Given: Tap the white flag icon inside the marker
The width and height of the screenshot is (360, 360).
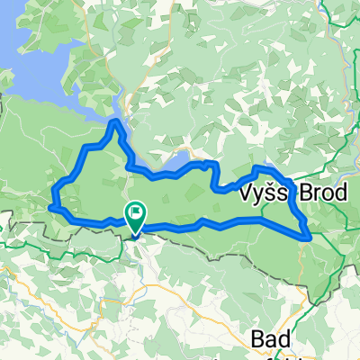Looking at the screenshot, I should [138, 213].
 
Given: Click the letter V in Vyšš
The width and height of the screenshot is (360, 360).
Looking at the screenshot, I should [246, 194].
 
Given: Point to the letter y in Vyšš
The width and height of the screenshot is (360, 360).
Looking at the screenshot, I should [258, 196].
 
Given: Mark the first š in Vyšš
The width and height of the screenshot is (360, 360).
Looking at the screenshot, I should [269, 194].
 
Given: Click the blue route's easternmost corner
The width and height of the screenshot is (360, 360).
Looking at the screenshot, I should [310, 237].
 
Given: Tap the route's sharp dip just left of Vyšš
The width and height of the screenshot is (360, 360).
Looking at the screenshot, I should [222, 189].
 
